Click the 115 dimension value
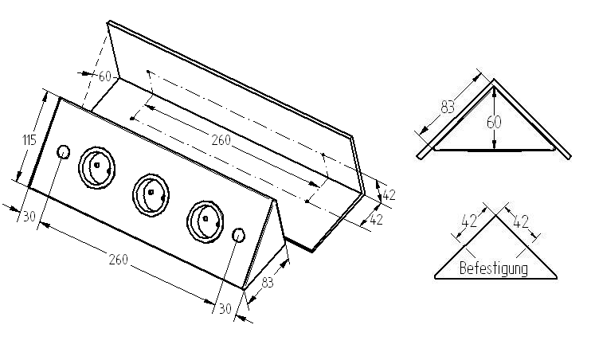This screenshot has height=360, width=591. point(29,141)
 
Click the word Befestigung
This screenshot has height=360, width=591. point(494,268)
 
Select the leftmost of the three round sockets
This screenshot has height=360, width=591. point(96,166)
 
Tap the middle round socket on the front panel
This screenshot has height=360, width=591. point(151,192)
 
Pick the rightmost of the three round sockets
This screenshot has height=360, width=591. point(205,217)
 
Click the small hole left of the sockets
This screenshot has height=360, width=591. point(64,152)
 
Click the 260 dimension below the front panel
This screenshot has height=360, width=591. point(118,259)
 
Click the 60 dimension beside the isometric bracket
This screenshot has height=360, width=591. point(104,76)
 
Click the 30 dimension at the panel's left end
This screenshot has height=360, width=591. point(29,216)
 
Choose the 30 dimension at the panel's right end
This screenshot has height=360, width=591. point(225,308)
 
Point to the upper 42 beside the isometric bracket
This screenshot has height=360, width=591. point(389,194)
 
